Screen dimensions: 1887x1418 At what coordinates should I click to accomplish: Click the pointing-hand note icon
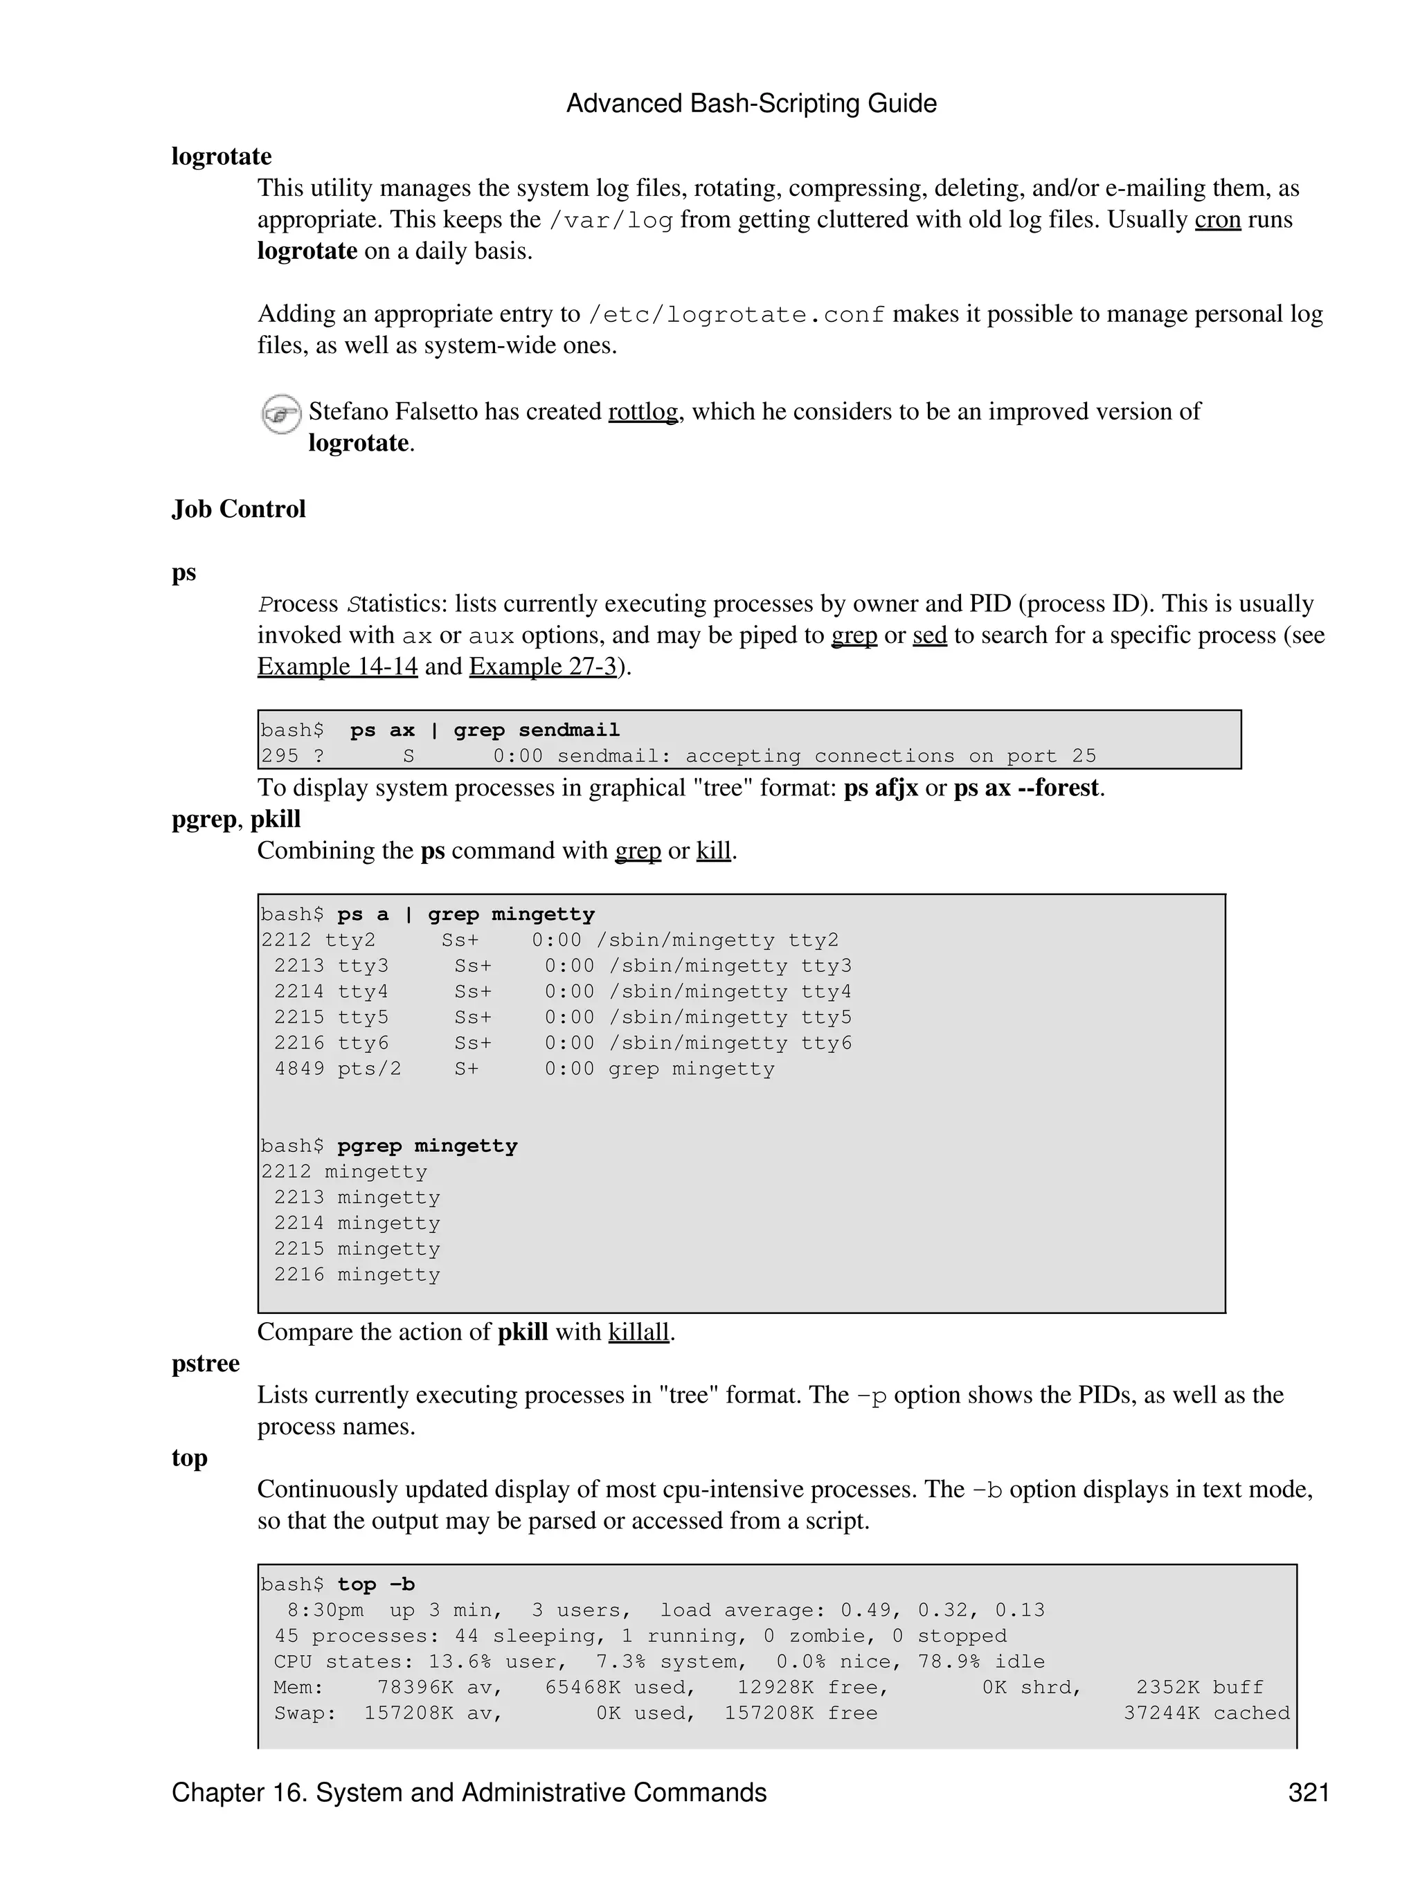point(280,415)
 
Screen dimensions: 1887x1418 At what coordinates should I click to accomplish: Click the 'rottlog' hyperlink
point(643,412)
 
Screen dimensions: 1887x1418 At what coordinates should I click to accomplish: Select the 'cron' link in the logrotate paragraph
point(1217,220)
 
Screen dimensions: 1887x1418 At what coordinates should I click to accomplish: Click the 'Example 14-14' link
point(337,666)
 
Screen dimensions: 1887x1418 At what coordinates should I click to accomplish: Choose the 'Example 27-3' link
point(543,666)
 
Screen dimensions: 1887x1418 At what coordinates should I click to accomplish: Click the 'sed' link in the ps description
point(929,635)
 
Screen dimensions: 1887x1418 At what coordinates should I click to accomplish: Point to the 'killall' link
point(638,1333)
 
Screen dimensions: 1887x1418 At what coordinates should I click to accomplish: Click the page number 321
point(1308,1793)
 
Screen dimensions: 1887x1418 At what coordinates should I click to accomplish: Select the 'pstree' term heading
point(206,1363)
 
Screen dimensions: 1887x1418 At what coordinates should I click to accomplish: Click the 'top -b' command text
point(375,1585)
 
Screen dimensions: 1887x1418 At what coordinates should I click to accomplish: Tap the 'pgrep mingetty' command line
point(427,1146)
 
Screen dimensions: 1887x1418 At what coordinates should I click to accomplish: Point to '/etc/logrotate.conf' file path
point(736,315)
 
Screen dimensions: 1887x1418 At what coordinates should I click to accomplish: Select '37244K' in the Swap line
point(1161,1713)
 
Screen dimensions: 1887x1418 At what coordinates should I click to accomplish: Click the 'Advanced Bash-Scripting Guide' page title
point(751,104)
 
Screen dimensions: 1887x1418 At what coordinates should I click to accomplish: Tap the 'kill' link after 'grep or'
point(713,851)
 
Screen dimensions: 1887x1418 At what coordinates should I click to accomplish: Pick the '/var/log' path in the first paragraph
point(610,220)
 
